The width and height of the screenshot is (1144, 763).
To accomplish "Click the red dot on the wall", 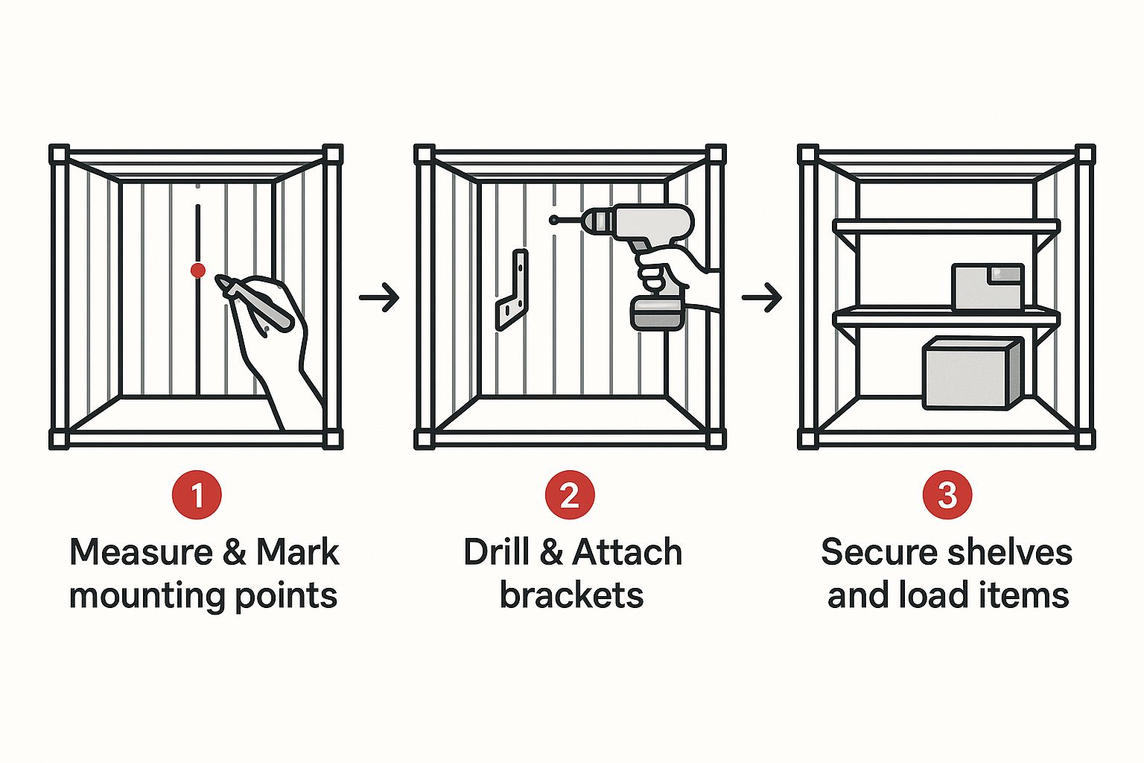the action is pyautogui.click(x=197, y=270).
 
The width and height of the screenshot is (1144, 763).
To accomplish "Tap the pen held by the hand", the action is pyautogui.click(x=253, y=303).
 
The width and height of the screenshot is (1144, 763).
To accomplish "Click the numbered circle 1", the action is pyautogui.click(x=197, y=495).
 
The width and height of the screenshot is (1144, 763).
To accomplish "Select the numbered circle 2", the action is pyautogui.click(x=570, y=495).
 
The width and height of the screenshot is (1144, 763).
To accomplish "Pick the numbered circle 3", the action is pyautogui.click(x=947, y=495).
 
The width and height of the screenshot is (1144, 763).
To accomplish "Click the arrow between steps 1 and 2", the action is pyautogui.click(x=379, y=297).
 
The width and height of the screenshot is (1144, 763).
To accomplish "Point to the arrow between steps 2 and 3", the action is pyautogui.click(x=761, y=297).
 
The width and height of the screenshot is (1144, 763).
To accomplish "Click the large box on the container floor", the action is pyautogui.click(x=973, y=373).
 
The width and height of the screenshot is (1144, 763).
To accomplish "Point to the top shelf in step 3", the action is pyautogui.click(x=947, y=227).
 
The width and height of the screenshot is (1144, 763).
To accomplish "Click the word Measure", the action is pyautogui.click(x=141, y=552).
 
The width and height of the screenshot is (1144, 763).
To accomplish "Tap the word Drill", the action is pyautogui.click(x=496, y=552).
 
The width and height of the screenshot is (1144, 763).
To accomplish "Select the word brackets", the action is pyautogui.click(x=571, y=595).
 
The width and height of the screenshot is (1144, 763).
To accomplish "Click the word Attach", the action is pyautogui.click(x=627, y=552).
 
